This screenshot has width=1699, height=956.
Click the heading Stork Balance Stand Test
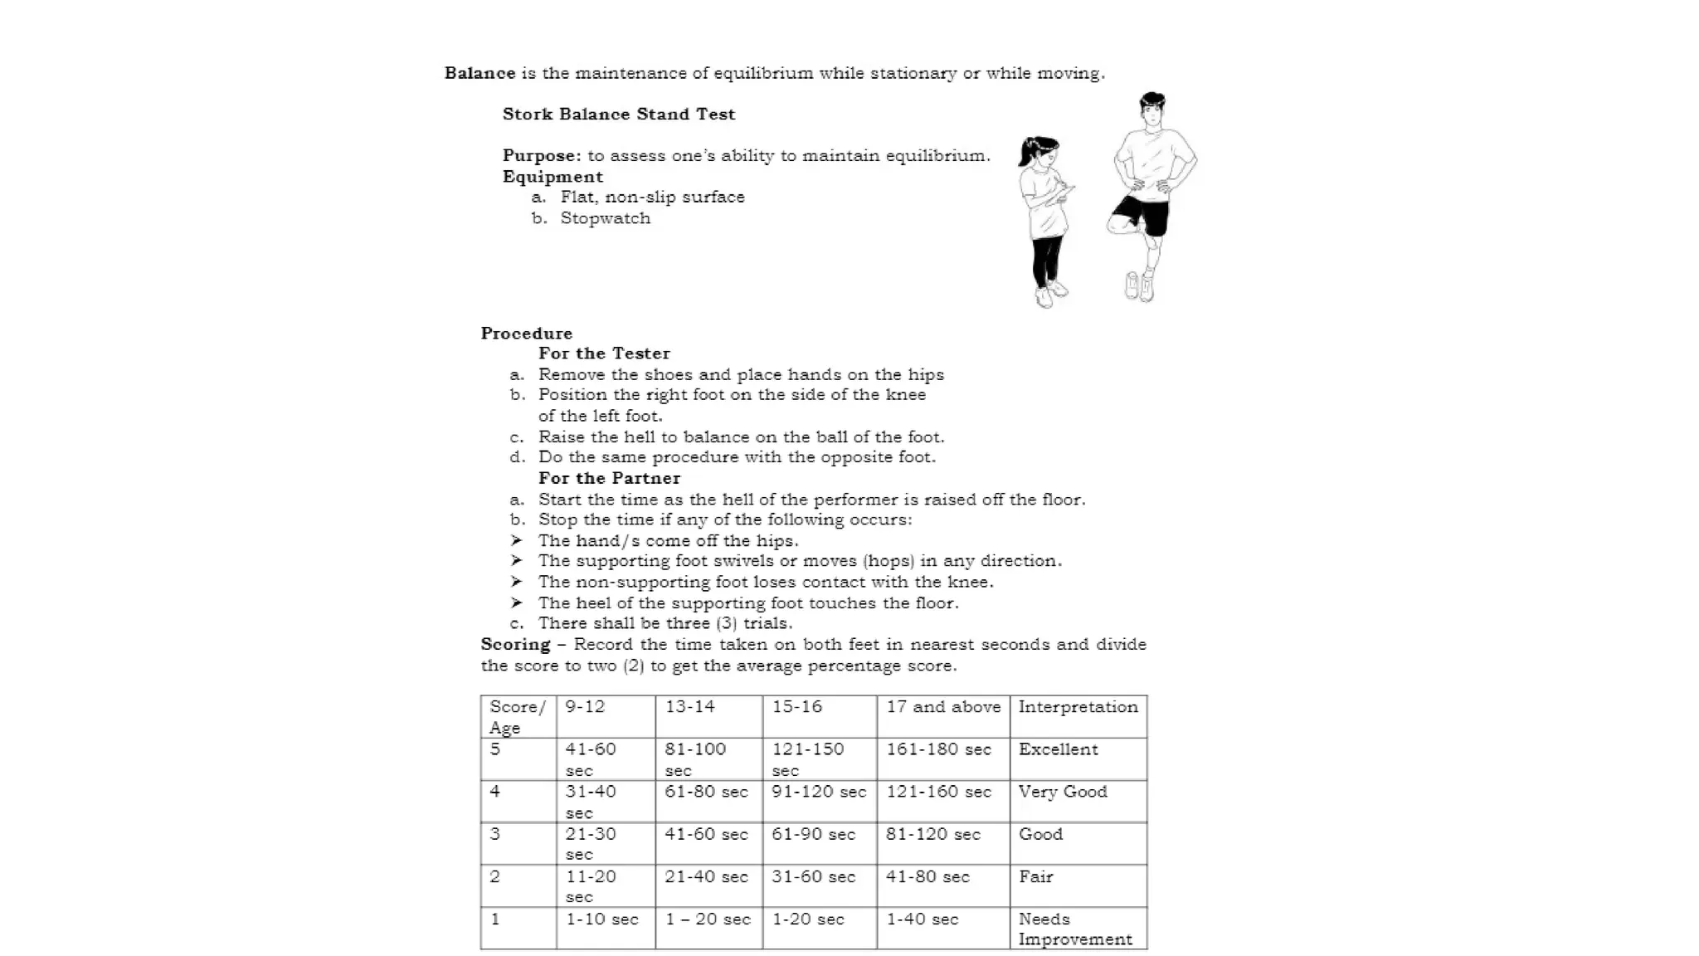(x=618, y=115)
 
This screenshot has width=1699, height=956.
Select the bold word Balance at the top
(x=480, y=73)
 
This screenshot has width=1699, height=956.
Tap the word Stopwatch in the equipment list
(x=605, y=218)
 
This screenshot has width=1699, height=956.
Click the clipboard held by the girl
(x=1061, y=195)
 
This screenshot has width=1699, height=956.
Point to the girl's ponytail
(x=1026, y=154)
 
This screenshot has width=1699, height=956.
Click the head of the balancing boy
(x=1151, y=111)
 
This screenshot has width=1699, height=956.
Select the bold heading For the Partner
(x=609, y=478)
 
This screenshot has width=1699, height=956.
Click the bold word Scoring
(x=515, y=645)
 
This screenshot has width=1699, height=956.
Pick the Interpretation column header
(x=1078, y=707)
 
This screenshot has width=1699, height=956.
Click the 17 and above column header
(x=943, y=707)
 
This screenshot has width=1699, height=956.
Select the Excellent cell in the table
(x=1058, y=749)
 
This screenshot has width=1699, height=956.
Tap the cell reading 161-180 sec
(x=938, y=749)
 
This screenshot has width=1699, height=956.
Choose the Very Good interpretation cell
(x=1063, y=792)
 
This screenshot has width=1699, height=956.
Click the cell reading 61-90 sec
(x=813, y=834)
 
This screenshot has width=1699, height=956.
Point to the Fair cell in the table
(x=1035, y=876)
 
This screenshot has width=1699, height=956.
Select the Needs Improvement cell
(x=1074, y=929)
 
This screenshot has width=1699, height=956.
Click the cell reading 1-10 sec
(x=601, y=919)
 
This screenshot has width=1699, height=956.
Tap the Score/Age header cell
(x=517, y=717)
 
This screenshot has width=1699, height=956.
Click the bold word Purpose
(x=541, y=156)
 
